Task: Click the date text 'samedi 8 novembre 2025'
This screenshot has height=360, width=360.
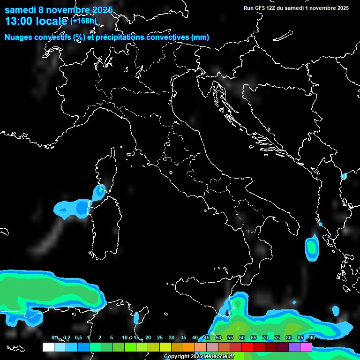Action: pos(59,10)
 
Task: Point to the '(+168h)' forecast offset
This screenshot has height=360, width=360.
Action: pos(83,21)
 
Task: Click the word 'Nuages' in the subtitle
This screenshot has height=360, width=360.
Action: pos(19,37)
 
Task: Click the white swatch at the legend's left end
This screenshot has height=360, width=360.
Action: pos(48,347)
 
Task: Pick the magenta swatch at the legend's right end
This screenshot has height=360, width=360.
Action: pos(306,347)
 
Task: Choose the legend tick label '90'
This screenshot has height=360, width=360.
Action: pos(312,337)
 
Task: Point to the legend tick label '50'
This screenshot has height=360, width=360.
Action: pos(218,337)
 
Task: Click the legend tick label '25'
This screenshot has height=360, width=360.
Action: pos(159,337)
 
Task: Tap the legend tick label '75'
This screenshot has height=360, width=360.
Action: pos(277,337)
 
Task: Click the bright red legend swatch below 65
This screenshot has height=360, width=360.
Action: pos(247,347)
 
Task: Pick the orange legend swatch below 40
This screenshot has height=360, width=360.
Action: pos(189,347)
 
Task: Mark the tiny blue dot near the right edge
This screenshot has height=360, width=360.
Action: pos(344,176)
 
